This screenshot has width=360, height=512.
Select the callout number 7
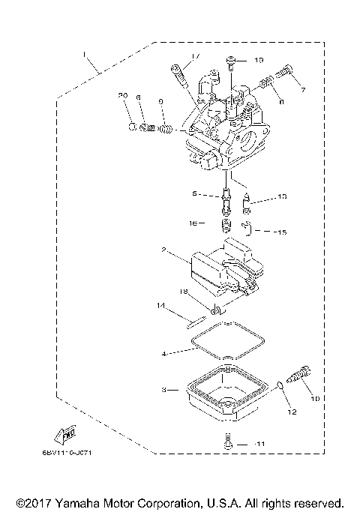[304, 90]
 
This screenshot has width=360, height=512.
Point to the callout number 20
[124, 95]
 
